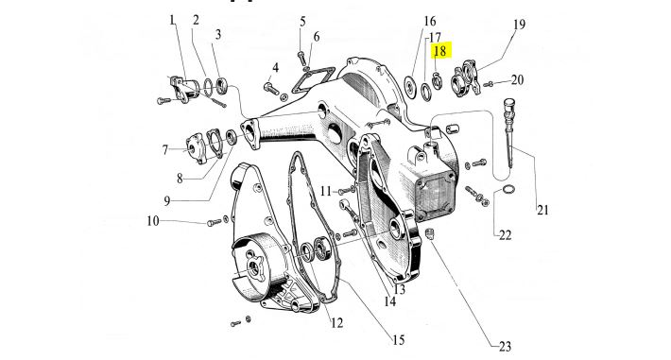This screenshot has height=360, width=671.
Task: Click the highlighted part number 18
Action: tap(439, 51)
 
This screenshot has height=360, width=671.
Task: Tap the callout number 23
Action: tap(505, 346)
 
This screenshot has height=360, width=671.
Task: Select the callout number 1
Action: tap(172, 20)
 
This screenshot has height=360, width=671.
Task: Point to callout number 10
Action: tap(153, 221)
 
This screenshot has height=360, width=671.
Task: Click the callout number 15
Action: tap(399, 340)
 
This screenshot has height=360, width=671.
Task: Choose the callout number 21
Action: tap(542, 210)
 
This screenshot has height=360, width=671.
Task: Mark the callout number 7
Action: tap(165, 150)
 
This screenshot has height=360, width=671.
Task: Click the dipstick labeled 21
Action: tap(508, 132)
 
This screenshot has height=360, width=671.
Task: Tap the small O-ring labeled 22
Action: tap(508, 189)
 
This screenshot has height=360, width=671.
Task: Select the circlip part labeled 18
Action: tap(437, 81)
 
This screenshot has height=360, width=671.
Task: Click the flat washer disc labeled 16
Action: tap(410, 87)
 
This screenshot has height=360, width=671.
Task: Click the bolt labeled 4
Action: tap(271, 89)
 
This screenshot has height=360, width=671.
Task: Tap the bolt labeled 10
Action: tap(215, 222)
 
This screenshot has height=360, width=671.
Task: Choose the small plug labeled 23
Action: tap(431, 233)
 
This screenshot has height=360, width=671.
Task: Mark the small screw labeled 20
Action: tap(489, 84)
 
